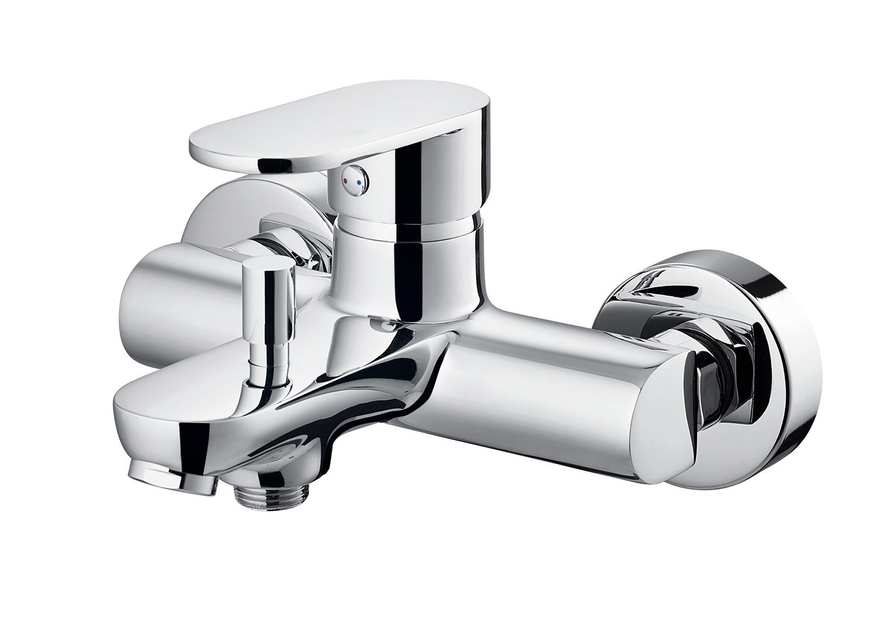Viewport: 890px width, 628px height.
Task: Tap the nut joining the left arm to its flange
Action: click(x=291, y=245)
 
